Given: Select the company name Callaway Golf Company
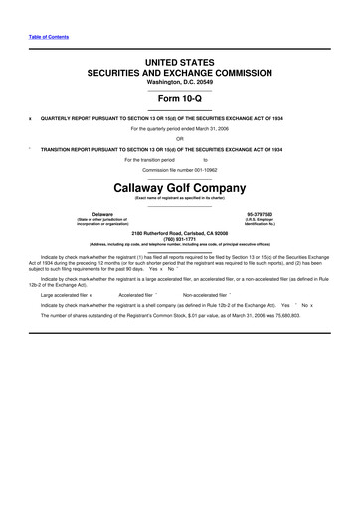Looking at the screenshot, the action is coord(179,186).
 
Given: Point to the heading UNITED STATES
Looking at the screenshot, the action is coord(179,62).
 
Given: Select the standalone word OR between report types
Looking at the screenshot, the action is coord(180,138).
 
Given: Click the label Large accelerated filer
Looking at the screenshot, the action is coord(63,295).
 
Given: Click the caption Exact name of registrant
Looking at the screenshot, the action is coord(179,198).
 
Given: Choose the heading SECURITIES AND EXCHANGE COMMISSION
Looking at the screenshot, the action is coord(179,73).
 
